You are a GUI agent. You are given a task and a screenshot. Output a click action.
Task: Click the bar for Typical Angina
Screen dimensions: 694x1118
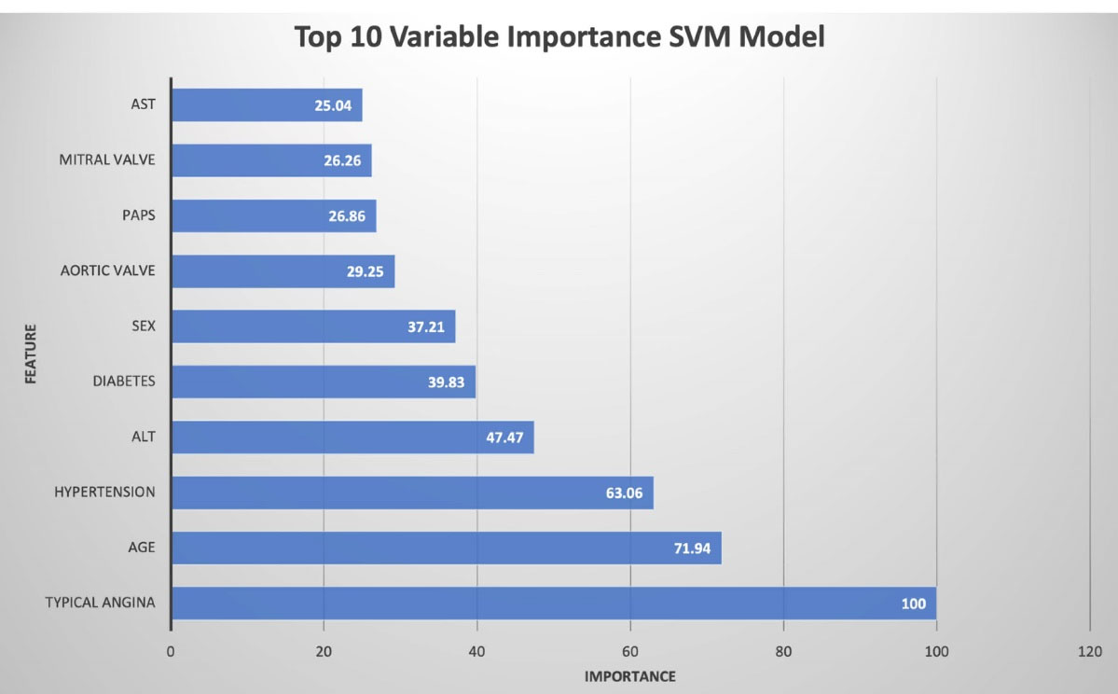pyautogui.click(x=553, y=604)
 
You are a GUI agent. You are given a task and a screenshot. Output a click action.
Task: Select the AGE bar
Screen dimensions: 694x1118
pyautogui.click(x=446, y=548)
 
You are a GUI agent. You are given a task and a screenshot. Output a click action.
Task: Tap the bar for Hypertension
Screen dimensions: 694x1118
pyautogui.click(x=412, y=493)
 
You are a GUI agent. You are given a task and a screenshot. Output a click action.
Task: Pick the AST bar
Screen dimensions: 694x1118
pyautogui.click(x=267, y=105)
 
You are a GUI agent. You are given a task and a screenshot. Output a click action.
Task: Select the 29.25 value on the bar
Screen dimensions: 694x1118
pyautogui.click(x=365, y=271)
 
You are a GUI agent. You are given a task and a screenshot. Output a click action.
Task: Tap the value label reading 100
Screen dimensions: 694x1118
pyautogui.click(x=914, y=604)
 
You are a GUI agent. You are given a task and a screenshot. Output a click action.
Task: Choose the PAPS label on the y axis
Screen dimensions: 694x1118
pyautogui.click(x=138, y=215)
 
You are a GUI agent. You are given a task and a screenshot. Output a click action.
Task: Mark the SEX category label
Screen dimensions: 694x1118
pyautogui.click(x=143, y=326)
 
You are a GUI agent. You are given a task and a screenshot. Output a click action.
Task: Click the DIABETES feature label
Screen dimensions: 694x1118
pyautogui.click(x=124, y=381)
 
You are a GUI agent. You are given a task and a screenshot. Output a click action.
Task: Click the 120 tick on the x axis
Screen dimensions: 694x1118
pyautogui.click(x=1089, y=651)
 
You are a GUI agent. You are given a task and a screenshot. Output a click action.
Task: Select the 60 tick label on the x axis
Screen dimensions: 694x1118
pyautogui.click(x=630, y=651)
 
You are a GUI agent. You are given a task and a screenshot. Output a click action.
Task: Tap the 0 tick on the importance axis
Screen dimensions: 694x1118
pyautogui.click(x=172, y=651)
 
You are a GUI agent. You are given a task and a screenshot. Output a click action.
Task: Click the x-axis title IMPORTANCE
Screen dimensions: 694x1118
pyautogui.click(x=630, y=676)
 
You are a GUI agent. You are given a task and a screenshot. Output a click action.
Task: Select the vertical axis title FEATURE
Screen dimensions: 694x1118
pyautogui.click(x=30, y=354)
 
